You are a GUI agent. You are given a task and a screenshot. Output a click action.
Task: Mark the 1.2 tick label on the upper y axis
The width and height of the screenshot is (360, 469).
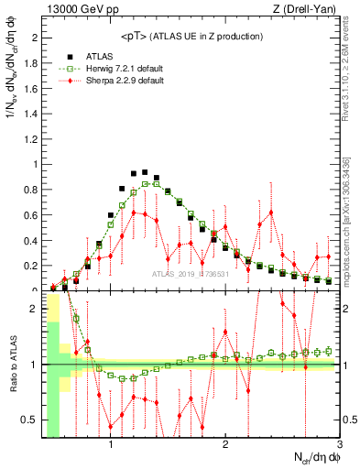[x=31, y=139]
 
